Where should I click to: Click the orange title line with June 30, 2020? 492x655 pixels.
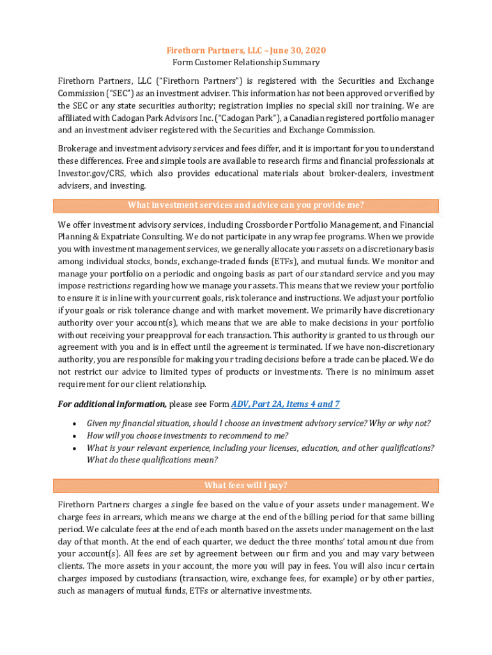[246, 51]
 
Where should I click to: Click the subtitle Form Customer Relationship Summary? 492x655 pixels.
[246, 63]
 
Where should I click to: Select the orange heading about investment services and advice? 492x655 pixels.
[246, 205]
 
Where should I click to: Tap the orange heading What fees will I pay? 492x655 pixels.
[246, 485]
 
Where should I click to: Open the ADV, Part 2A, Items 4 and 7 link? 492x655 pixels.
[285, 404]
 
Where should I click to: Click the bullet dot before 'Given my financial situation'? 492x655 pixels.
[75, 423]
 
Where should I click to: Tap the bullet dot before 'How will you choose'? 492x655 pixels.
[75, 436]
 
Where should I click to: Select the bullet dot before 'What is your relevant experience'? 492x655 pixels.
[75, 448]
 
